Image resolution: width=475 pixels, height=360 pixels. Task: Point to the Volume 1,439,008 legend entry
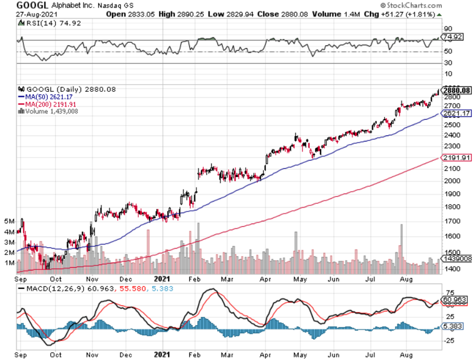[x=46, y=111]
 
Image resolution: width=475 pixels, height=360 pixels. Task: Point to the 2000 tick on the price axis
[x=451, y=181]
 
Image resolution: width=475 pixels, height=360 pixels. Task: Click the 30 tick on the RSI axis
[x=448, y=63]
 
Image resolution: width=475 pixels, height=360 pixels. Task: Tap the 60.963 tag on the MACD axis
[x=453, y=300]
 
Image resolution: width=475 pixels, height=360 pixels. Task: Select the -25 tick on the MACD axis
[x=451, y=340]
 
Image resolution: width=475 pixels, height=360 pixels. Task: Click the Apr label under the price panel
[x=264, y=278]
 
